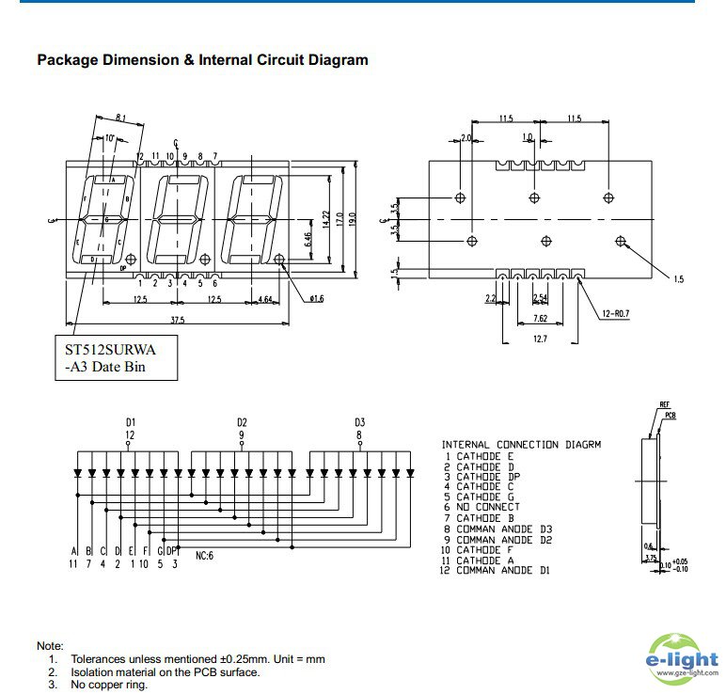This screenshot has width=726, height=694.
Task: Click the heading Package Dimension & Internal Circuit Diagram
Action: click(202, 60)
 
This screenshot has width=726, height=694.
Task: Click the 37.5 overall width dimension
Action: click(176, 319)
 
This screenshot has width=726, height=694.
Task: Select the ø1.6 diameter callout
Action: click(316, 299)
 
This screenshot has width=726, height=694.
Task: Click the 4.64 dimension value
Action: click(265, 299)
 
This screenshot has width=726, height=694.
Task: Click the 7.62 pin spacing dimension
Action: click(540, 318)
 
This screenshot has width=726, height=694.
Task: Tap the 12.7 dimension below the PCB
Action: click(540, 339)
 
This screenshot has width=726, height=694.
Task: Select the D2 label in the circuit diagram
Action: click(242, 421)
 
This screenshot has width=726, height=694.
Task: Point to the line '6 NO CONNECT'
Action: click(493, 507)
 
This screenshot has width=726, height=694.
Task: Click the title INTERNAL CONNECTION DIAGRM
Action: click(521, 444)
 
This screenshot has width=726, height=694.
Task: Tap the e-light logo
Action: click(683, 656)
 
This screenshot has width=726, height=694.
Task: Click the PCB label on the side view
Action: click(671, 414)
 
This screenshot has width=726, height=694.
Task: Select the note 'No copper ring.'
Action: click(109, 685)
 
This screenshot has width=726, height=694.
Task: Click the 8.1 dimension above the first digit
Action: click(121, 118)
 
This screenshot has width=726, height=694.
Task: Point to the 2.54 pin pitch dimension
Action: click(539, 297)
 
